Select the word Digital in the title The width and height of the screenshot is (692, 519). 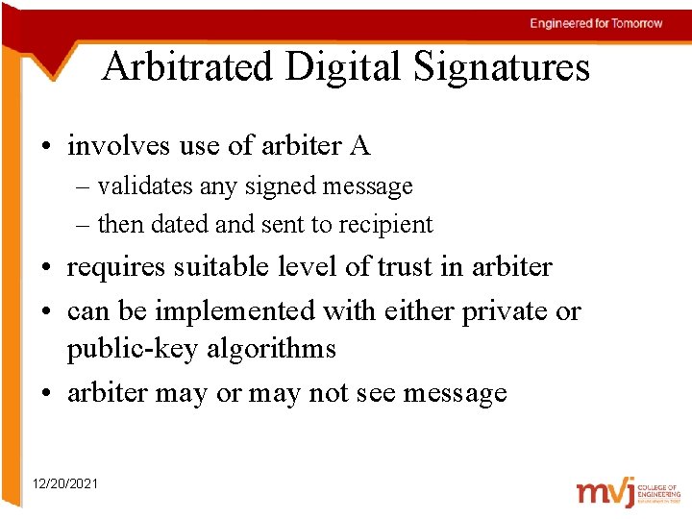(336, 67)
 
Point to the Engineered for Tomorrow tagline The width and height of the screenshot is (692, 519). (596, 23)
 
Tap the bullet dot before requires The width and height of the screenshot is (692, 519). (45, 268)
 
